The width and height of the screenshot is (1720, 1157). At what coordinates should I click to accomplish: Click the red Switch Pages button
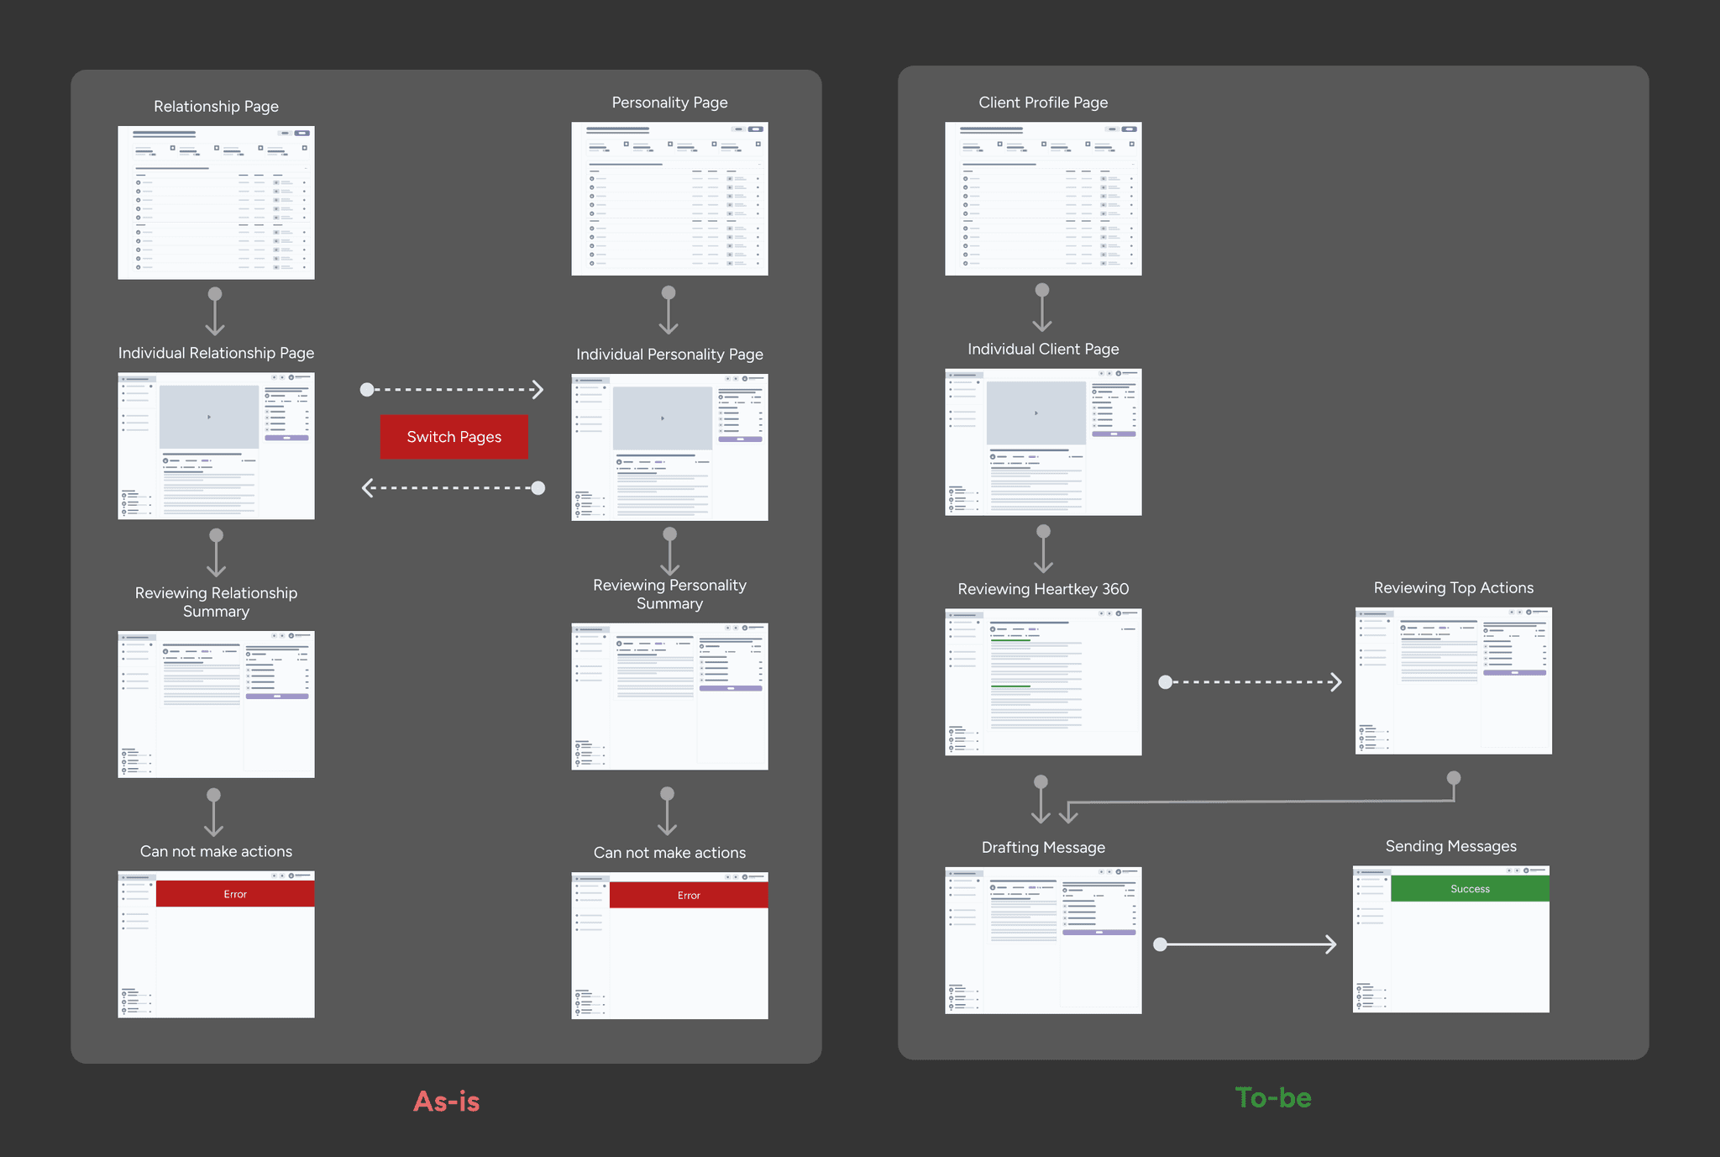tap(454, 437)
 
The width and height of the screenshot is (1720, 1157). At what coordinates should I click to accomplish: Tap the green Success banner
tap(1470, 889)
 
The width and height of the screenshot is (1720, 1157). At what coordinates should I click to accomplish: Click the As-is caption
tap(446, 1102)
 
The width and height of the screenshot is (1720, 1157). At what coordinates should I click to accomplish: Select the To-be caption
tap(1272, 1097)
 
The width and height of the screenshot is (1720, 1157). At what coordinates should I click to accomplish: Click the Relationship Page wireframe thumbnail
tap(216, 202)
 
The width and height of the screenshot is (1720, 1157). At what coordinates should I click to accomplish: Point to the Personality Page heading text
tap(669, 103)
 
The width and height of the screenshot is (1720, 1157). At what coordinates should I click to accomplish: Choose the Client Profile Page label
tap(1042, 103)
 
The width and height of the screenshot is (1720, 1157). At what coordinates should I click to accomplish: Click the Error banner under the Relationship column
tap(235, 894)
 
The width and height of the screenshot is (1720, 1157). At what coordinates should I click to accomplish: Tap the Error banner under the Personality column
tap(689, 896)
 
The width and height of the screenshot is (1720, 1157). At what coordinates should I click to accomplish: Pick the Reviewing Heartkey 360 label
tap(1042, 589)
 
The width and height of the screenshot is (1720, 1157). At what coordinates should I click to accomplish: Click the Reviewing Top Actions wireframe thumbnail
tap(1453, 681)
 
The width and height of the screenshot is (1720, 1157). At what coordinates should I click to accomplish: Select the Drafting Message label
tap(1042, 847)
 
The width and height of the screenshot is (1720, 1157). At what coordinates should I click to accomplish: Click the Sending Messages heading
tap(1450, 846)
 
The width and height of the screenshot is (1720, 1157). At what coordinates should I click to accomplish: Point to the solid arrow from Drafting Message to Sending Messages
tap(1247, 944)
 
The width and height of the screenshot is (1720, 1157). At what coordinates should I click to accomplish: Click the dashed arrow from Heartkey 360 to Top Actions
tap(1252, 682)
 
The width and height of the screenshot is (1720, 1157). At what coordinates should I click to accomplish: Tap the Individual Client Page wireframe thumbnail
tap(1042, 442)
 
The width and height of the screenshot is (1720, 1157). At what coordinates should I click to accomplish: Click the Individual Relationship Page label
tap(216, 353)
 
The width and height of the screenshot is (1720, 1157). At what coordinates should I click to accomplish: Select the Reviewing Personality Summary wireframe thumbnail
tap(669, 696)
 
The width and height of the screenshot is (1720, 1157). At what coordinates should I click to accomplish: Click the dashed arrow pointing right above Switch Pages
tap(454, 390)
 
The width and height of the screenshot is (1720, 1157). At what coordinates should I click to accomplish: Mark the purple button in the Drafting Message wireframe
tap(1099, 933)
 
